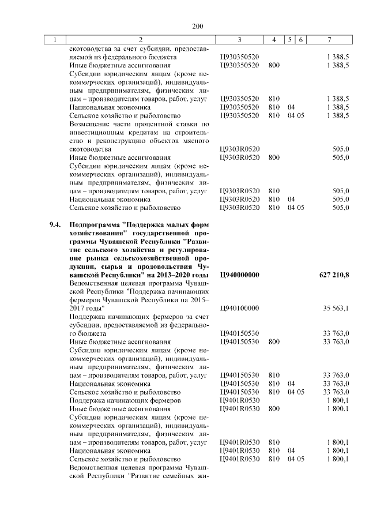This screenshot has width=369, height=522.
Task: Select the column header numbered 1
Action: [55, 40]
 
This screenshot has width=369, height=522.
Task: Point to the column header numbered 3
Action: [239, 40]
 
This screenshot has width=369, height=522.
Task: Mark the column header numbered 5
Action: [290, 40]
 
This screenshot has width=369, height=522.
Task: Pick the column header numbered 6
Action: [302, 40]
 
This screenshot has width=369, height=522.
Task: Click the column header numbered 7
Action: [329, 40]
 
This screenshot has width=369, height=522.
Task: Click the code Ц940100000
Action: [239, 309]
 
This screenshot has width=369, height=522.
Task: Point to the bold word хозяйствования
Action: [95, 232]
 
